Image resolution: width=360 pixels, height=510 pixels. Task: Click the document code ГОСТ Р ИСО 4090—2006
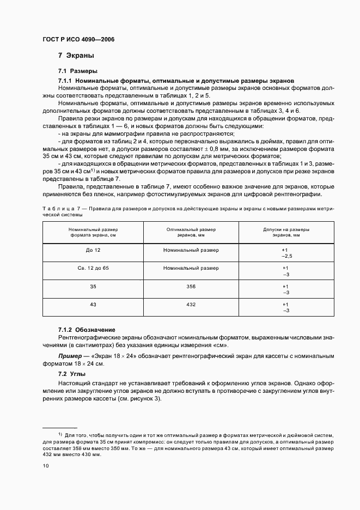coord(78,39)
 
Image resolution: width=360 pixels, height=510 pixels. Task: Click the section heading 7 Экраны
coord(76,56)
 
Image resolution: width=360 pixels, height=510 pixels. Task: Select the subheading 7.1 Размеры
coord(77,71)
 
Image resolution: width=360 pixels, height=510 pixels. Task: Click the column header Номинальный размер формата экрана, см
coord(94,232)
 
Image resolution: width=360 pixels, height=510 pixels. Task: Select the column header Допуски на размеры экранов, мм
coord(285,232)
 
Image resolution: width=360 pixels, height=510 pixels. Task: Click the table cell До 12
coord(94,250)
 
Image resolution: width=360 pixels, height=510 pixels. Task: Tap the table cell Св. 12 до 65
coord(94,268)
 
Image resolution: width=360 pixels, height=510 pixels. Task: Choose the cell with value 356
coord(191,286)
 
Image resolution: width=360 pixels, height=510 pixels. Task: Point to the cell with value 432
coord(191,305)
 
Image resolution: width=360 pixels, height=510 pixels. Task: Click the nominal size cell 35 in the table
coord(94,286)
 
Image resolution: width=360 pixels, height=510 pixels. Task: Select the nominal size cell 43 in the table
coord(94,305)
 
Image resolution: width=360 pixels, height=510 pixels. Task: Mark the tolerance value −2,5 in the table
coord(286,256)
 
